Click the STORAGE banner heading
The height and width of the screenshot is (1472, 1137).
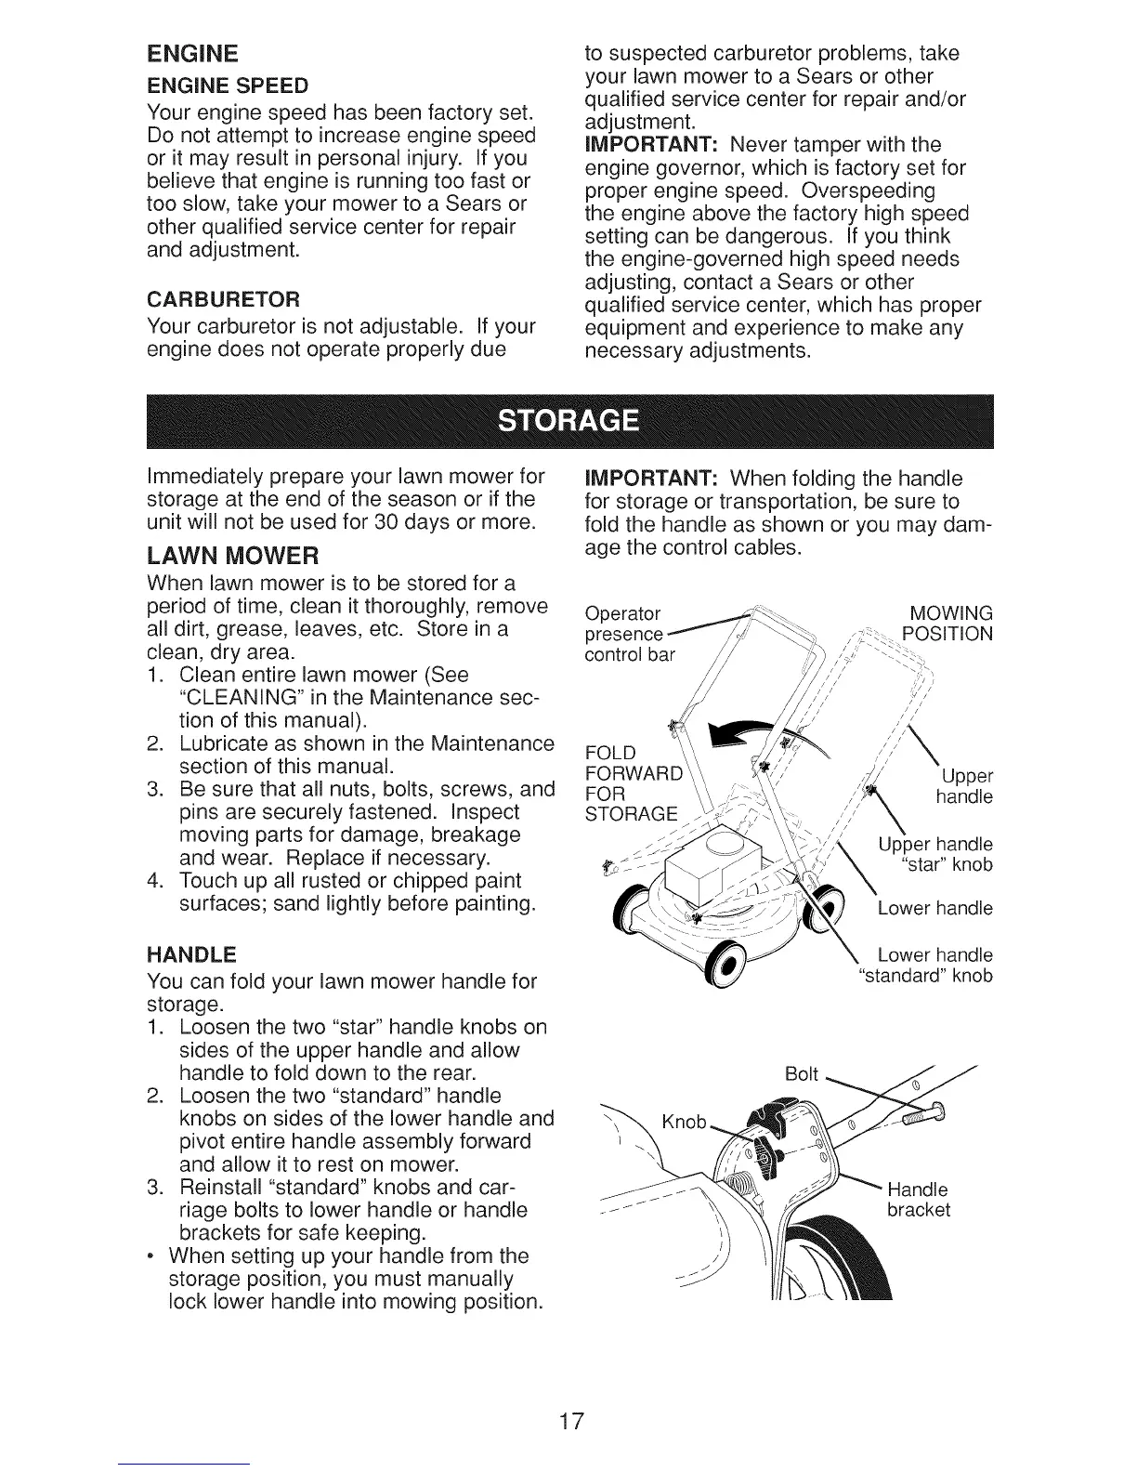pyautogui.click(x=568, y=421)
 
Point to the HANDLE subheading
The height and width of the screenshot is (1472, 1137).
pyautogui.click(x=191, y=954)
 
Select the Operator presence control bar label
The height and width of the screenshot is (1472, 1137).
pyautogui.click(x=630, y=634)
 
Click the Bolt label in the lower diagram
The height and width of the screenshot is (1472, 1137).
pyautogui.click(x=801, y=1074)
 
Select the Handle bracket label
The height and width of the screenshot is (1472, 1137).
pyautogui.click(x=919, y=1200)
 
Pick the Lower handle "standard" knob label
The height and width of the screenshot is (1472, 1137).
pyautogui.click(x=924, y=966)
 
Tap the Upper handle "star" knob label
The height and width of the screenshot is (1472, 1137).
pyautogui.click(x=935, y=855)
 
